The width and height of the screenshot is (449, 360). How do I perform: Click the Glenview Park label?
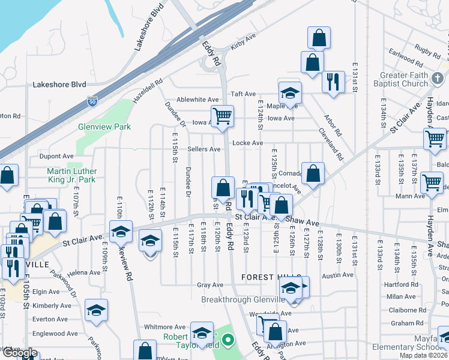click(x=104, y=127)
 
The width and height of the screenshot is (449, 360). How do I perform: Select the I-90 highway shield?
click(x=92, y=103)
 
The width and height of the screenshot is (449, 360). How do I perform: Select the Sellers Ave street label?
click(x=203, y=149)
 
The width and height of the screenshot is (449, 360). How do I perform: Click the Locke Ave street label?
click(x=248, y=143)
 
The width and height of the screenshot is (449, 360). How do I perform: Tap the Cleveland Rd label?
click(x=331, y=144)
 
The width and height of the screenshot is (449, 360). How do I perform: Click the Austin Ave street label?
click(x=337, y=275)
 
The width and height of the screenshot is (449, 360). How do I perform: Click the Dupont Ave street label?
click(x=56, y=155)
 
